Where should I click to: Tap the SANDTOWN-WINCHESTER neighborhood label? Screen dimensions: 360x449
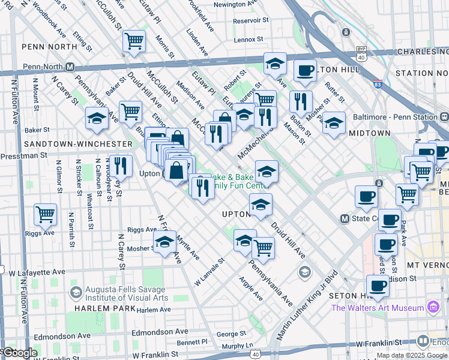pos(77,144)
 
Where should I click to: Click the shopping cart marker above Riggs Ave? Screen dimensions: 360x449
pos(45,214)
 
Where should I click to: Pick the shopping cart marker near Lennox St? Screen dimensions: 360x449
pos(134,41)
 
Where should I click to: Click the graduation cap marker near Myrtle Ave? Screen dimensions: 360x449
pos(164,242)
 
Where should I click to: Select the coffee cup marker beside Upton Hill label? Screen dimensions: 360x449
pos(305,70)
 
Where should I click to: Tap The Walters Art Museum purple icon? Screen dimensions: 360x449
pos(433,308)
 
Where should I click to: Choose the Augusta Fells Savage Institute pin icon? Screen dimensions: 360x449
pos(76,292)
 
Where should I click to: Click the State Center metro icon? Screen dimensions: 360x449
pos(345,218)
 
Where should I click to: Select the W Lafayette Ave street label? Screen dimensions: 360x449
pos(36,272)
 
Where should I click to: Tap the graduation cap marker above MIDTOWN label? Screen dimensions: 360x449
pos(334,122)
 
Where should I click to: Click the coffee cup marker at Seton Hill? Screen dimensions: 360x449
pos(378,286)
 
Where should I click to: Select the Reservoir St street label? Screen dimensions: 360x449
pos(249,20)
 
